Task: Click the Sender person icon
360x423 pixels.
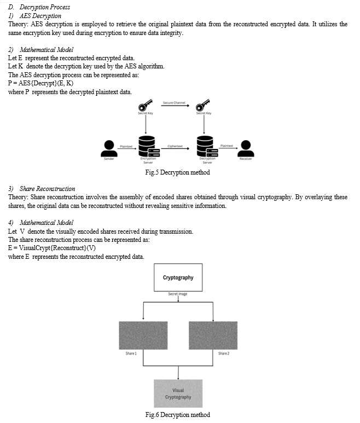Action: pyautogui.click(x=109, y=148)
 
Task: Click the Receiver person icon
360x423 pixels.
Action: pyautogui.click(x=246, y=148)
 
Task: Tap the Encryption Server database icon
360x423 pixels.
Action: pyautogui.click(x=149, y=146)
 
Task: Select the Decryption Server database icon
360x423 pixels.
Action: pyautogui.click(x=207, y=146)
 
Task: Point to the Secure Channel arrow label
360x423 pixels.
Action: pyautogui.click(x=174, y=103)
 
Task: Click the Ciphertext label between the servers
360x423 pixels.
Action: pyautogui.click(x=175, y=146)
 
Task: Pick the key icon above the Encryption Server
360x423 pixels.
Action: pyautogui.click(x=145, y=105)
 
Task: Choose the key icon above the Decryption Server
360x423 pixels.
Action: pyautogui.click(x=203, y=105)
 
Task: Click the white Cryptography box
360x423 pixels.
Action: pyautogui.click(x=178, y=277)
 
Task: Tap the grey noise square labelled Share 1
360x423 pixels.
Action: pyautogui.click(x=143, y=335)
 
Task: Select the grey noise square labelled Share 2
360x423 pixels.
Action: pyautogui.click(x=213, y=335)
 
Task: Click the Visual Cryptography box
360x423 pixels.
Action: pyautogui.click(x=178, y=393)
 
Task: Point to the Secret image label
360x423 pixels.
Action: pyautogui.click(x=177, y=294)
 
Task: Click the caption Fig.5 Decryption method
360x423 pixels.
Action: pyautogui.click(x=177, y=172)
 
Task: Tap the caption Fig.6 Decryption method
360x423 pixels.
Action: pyautogui.click(x=177, y=415)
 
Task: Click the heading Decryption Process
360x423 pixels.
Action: pyautogui.click(x=45, y=7)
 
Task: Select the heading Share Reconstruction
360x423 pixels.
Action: pyautogui.click(x=47, y=189)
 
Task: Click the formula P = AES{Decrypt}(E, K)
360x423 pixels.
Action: pyautogui.click(x=40, y=83)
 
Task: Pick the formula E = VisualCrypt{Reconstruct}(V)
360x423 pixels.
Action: pyautogui.click(x=52, y=248)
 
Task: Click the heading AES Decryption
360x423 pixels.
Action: pyautogui.click(x=40, y=16)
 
